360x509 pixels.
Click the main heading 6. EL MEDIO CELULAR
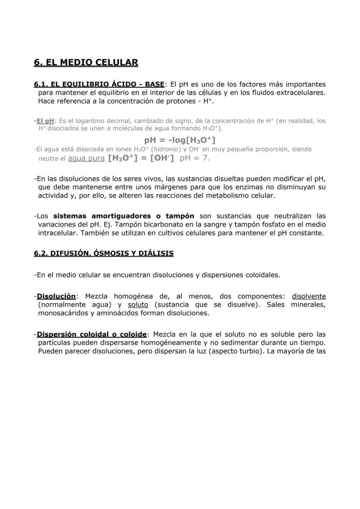(86, 63)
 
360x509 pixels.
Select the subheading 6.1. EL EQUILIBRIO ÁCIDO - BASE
(99, 84)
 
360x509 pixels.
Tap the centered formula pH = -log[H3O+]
(180, 140)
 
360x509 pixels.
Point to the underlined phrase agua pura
(86, 158)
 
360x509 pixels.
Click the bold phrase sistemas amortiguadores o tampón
(123, 216)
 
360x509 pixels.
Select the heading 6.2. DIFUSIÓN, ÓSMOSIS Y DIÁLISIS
(103, 253)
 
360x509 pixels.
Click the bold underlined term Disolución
(56, 296)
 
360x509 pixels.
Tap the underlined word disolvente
(309, 296)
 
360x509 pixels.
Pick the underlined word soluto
(138, 305)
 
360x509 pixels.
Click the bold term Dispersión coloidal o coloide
(92, 334)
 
